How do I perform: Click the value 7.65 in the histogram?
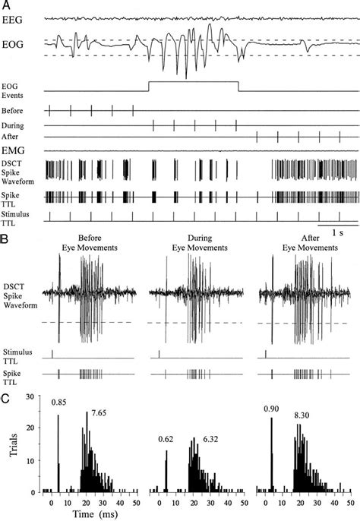pyautogui.click(x=97, y=412)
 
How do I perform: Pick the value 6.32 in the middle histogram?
pyautogui.click(x=206, y=439)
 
